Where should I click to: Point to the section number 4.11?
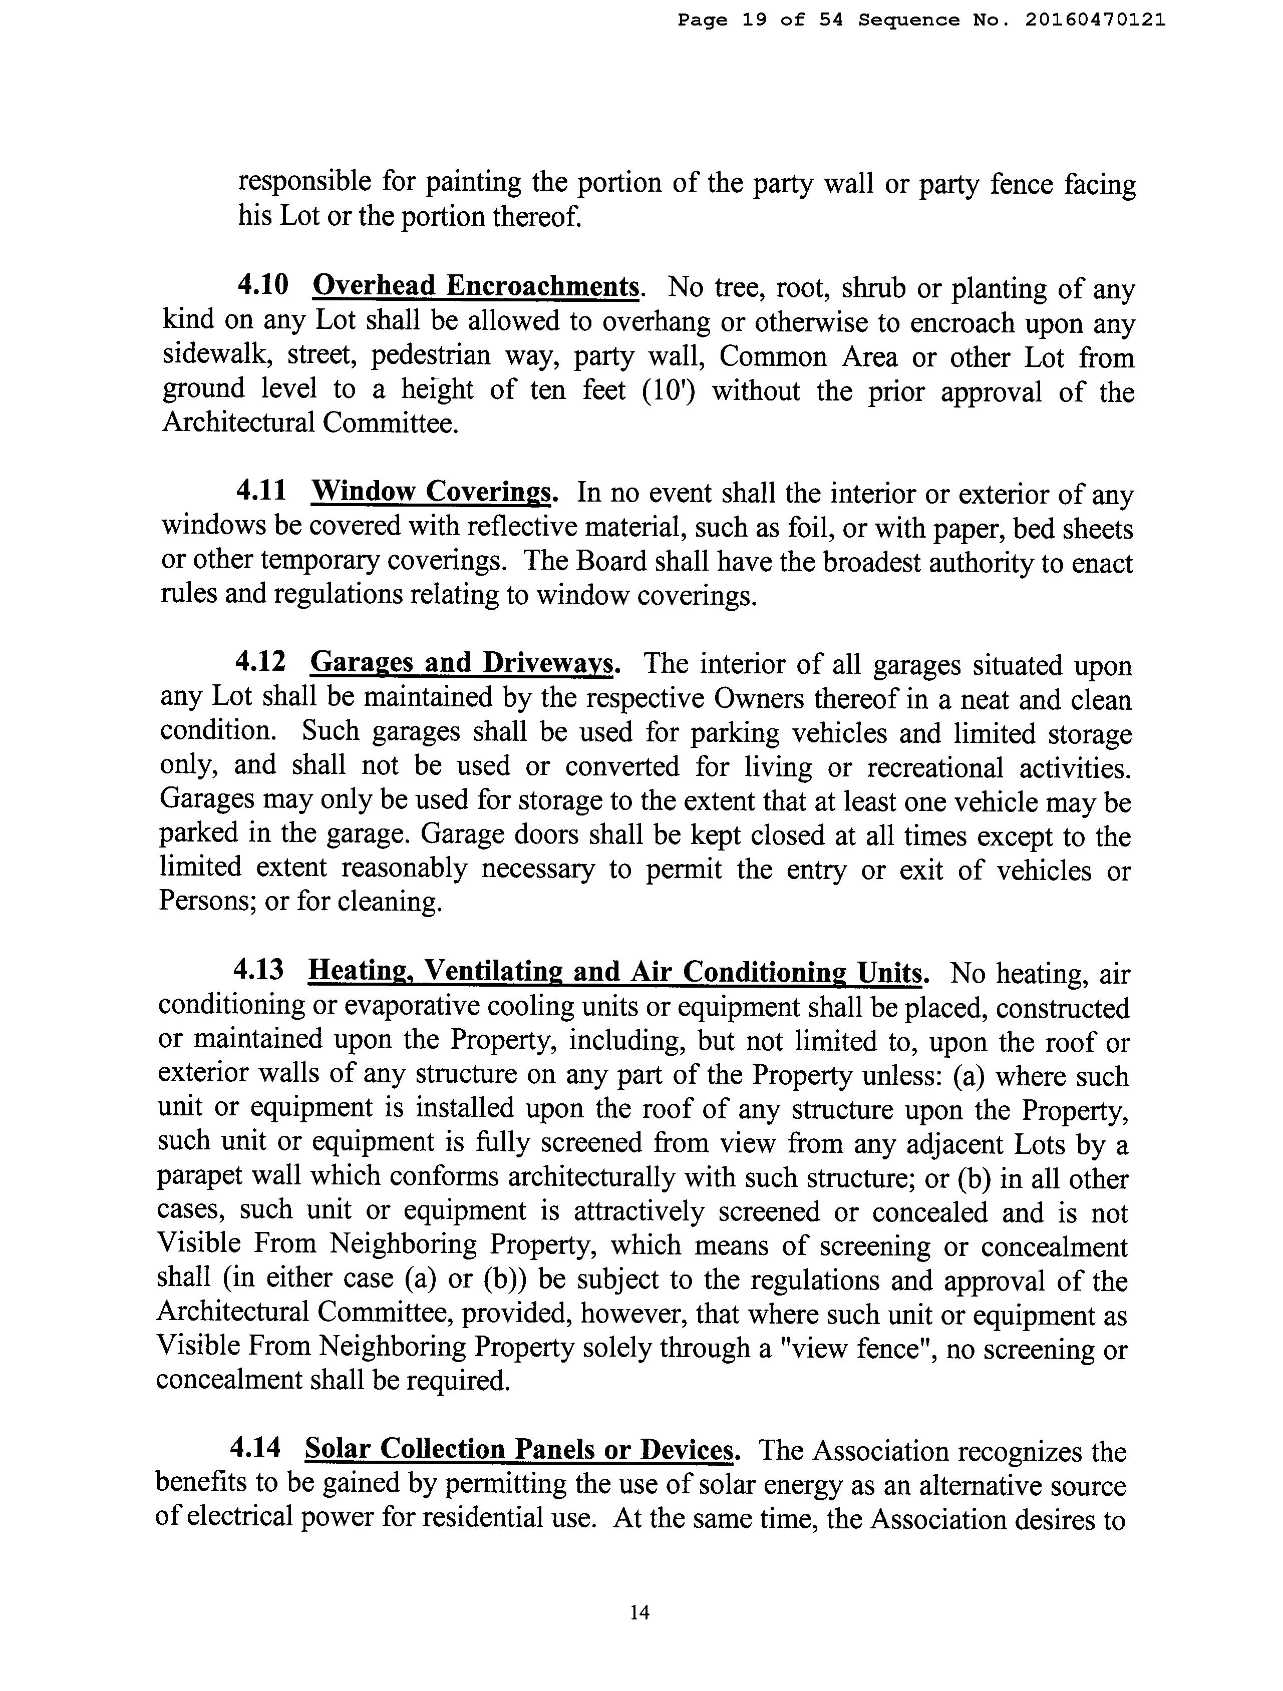[261, 490]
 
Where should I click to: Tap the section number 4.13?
[258, 970]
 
